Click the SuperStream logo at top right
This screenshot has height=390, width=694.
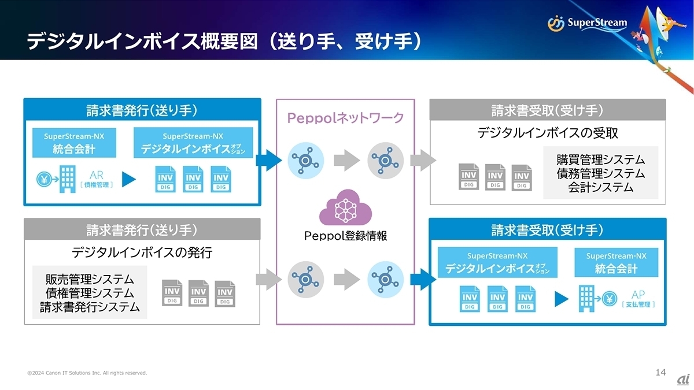[x=587, y=23]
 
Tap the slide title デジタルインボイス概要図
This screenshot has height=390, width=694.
[x=142, y=41]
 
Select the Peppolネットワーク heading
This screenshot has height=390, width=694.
[x=346, y=118]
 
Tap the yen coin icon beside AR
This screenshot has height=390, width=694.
[x=43, y=179]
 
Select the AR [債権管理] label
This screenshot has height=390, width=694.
[x=96, y=179]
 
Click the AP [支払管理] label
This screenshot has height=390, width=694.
[x=637, y=298]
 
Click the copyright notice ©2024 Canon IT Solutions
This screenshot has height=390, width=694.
[x=87, y=373]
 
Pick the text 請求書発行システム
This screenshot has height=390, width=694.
[x=90, y=307]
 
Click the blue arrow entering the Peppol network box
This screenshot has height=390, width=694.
[x=268, y=159]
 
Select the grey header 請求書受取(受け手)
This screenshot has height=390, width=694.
[x=547, y=110]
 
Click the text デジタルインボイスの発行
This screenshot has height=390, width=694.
[x=142, y=252]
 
